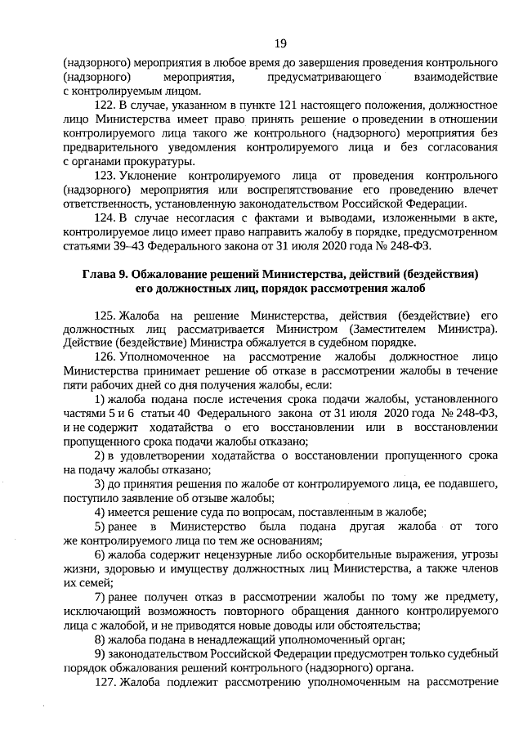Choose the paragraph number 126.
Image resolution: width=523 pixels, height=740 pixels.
click(x=106, y=357)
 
